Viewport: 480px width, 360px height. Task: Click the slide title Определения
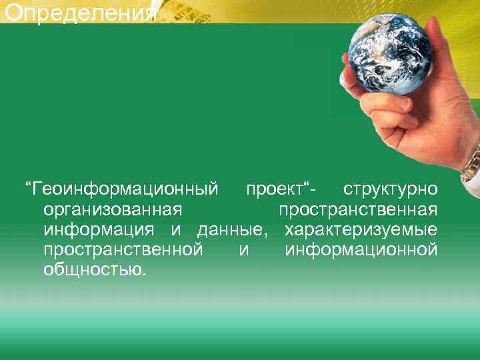79,12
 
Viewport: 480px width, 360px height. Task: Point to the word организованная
113,210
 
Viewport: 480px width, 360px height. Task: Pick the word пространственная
358,210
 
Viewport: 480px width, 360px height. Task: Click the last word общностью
93,270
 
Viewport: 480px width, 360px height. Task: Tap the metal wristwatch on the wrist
471,163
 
